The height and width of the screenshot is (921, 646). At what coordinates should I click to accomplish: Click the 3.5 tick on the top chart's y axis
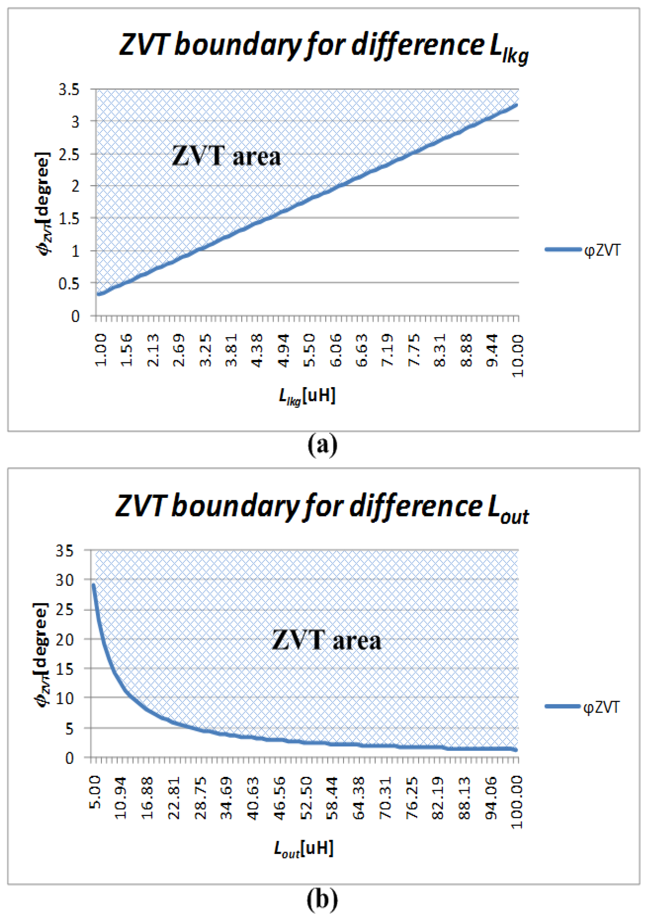click(x=69, y=89)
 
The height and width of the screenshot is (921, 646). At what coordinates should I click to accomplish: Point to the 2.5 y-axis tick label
click(x=69, y=154)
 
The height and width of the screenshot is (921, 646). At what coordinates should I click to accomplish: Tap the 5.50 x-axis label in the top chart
click(x=309, y=350)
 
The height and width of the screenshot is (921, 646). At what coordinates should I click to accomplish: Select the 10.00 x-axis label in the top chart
click(x=518, y=355)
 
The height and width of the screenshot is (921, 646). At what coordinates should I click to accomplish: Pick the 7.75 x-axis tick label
click(x=413, y=350)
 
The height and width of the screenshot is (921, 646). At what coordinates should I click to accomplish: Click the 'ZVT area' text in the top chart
click(x=226, y=156)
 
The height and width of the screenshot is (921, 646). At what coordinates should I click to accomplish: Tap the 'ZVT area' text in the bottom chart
click(x=326, y=640)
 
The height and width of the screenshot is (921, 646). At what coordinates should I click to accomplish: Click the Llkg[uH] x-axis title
click(x=307, y=396)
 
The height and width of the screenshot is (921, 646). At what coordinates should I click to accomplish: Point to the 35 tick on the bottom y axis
click(x=65, y=551)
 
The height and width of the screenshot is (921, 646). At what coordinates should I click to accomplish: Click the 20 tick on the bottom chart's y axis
click(x=65, y=639)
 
